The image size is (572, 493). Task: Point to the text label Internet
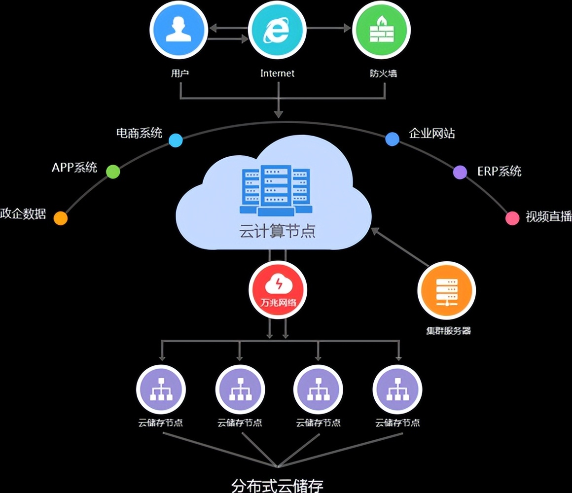point(278,73)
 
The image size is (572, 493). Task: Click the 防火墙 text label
point(383,73)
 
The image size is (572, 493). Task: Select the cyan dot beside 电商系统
point(176,141)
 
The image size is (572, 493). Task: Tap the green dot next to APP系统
point(113,171)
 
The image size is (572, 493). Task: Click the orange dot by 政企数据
point(60,218)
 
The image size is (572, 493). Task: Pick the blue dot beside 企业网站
point(392,139)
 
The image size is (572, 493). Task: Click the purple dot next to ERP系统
point(460,172)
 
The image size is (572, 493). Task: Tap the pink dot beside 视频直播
point(513,218)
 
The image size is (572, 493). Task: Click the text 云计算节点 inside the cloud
point(277,231)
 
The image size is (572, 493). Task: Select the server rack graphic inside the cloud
point(275,190)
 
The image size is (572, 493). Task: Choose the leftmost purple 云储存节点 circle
point(161,389)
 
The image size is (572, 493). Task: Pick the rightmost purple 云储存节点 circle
point(397,389)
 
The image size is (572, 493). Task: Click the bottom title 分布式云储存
point(278,485)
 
